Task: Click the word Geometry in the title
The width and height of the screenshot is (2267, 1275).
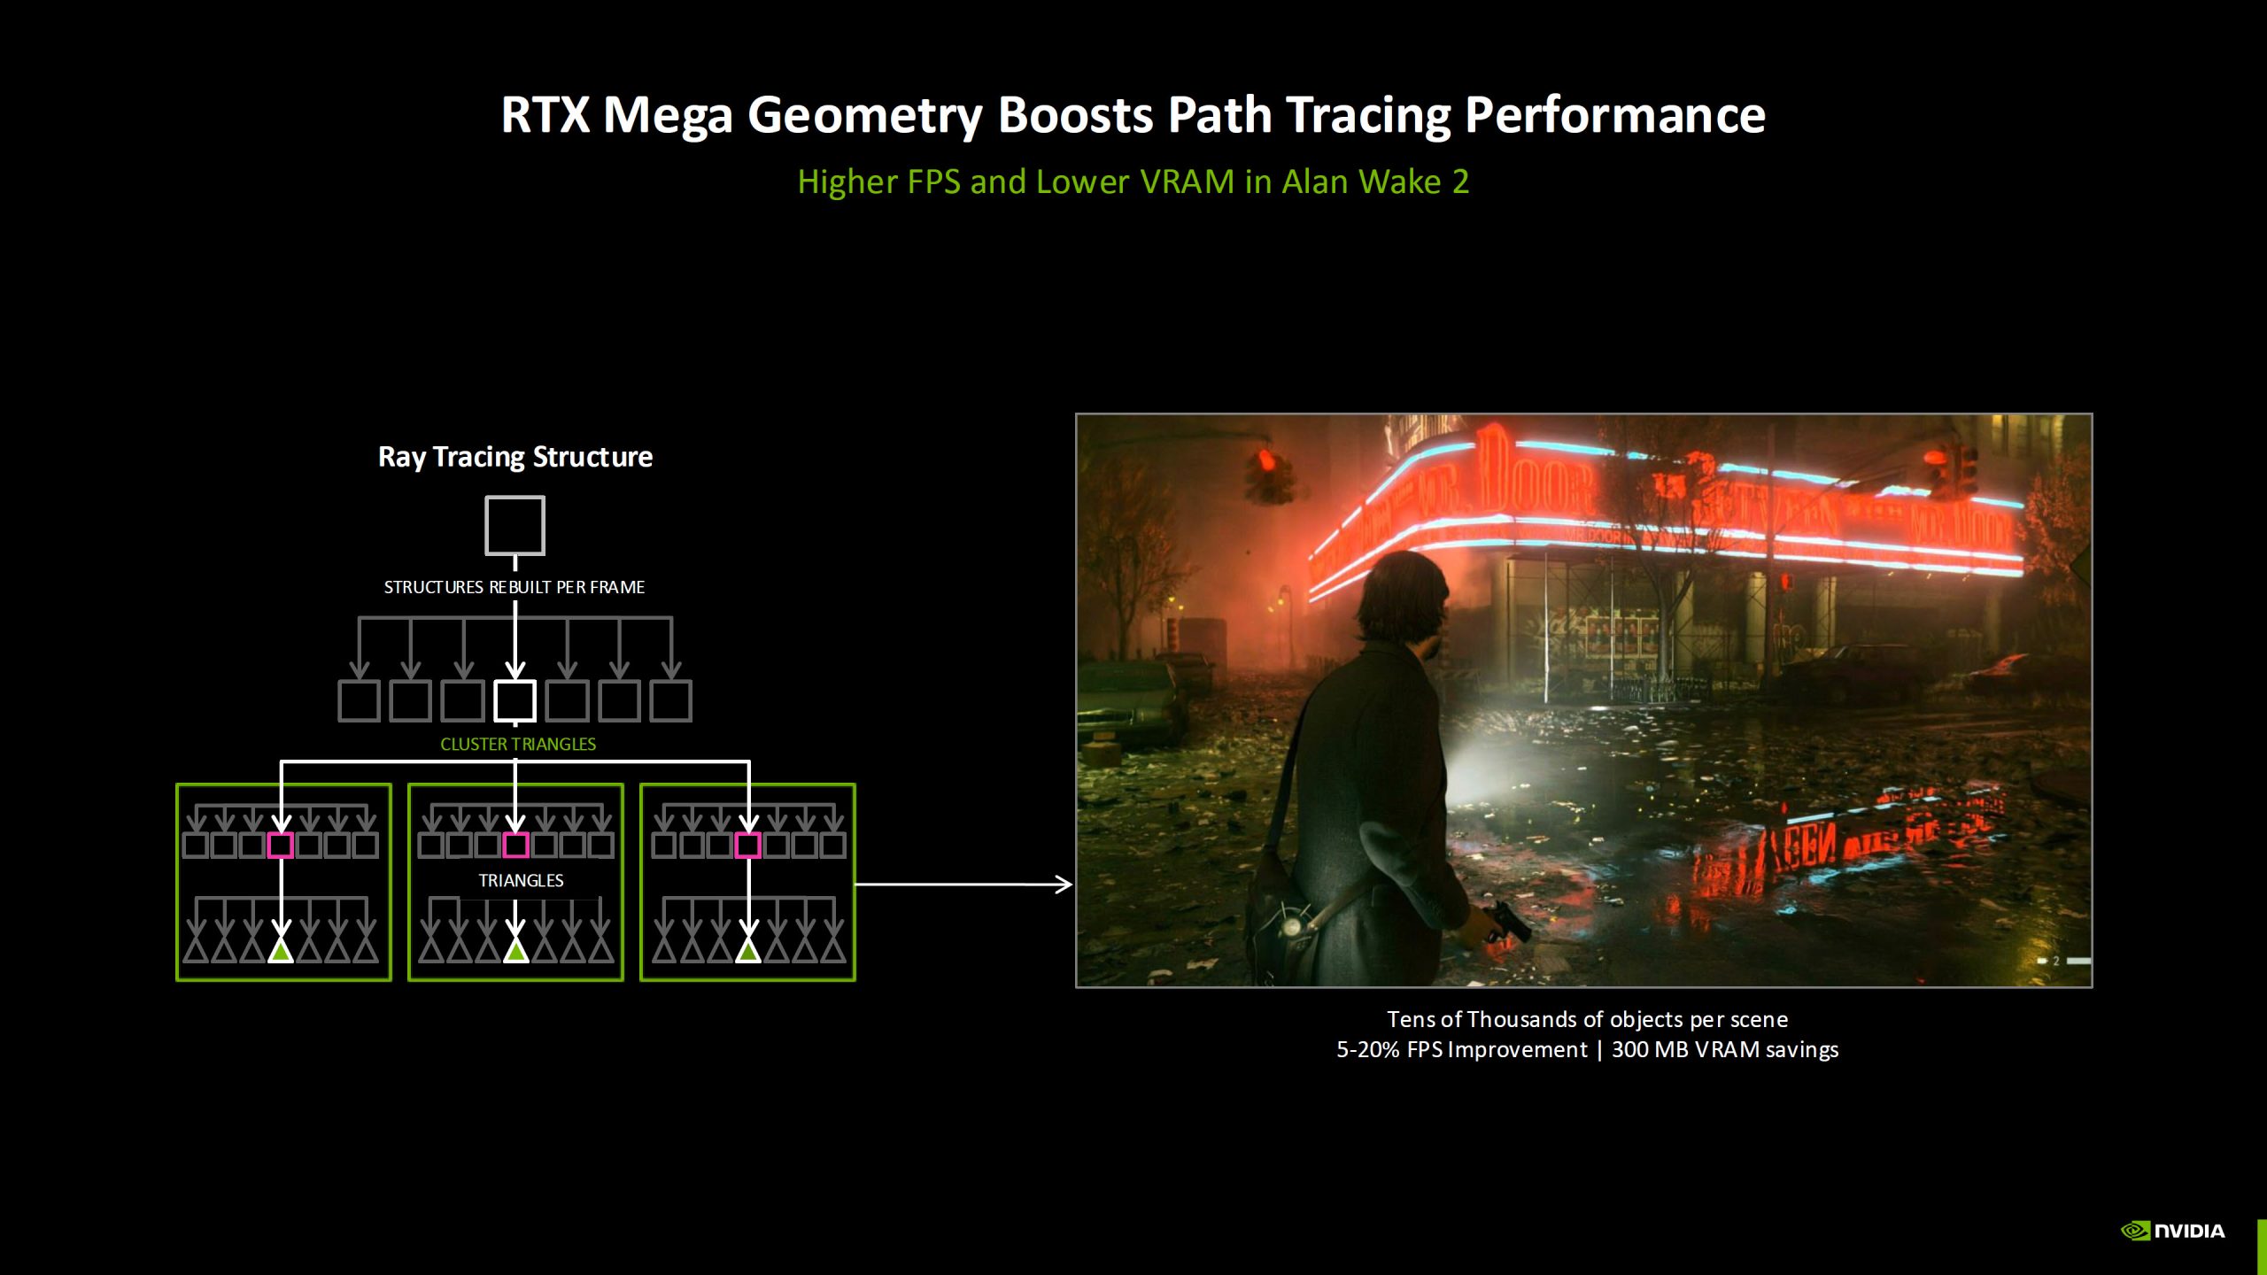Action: [864, 116]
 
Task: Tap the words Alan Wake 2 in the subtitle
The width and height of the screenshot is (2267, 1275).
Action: [1375, 182]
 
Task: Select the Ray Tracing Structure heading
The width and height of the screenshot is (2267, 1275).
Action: [515, 457]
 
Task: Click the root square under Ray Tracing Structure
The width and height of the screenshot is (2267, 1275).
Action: [515, 525]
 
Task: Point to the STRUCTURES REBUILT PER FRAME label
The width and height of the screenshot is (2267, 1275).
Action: [514, 587]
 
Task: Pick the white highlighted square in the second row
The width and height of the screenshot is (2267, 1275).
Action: [515, 700]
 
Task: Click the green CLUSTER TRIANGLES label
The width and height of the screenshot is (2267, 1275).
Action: [518, 745]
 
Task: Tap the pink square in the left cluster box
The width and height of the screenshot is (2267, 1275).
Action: [281, 846]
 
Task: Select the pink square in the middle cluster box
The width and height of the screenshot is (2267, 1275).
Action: [515, 846]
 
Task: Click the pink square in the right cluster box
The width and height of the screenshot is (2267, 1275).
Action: [748, 846]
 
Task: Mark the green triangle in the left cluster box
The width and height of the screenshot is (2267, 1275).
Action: [281, 952]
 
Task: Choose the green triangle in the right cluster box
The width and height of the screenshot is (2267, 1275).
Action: [748, 952]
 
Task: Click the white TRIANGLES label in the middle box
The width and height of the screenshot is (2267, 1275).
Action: [521, 881]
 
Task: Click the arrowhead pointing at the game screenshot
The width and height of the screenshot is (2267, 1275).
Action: [1064, 884]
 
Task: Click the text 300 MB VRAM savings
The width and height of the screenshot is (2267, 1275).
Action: [1724, 1050]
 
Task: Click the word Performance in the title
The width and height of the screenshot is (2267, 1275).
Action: [1614, 116]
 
